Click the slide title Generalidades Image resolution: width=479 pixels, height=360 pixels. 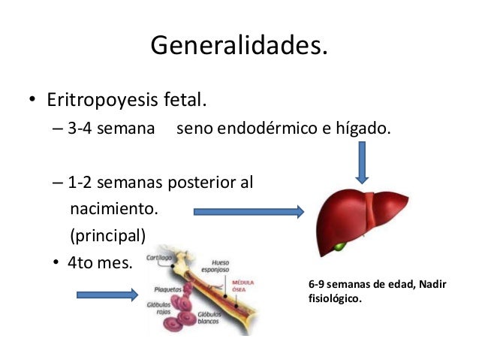point(239,46)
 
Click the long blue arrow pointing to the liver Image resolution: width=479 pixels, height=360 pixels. point(249,212)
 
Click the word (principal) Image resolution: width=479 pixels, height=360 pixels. point(106,235)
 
